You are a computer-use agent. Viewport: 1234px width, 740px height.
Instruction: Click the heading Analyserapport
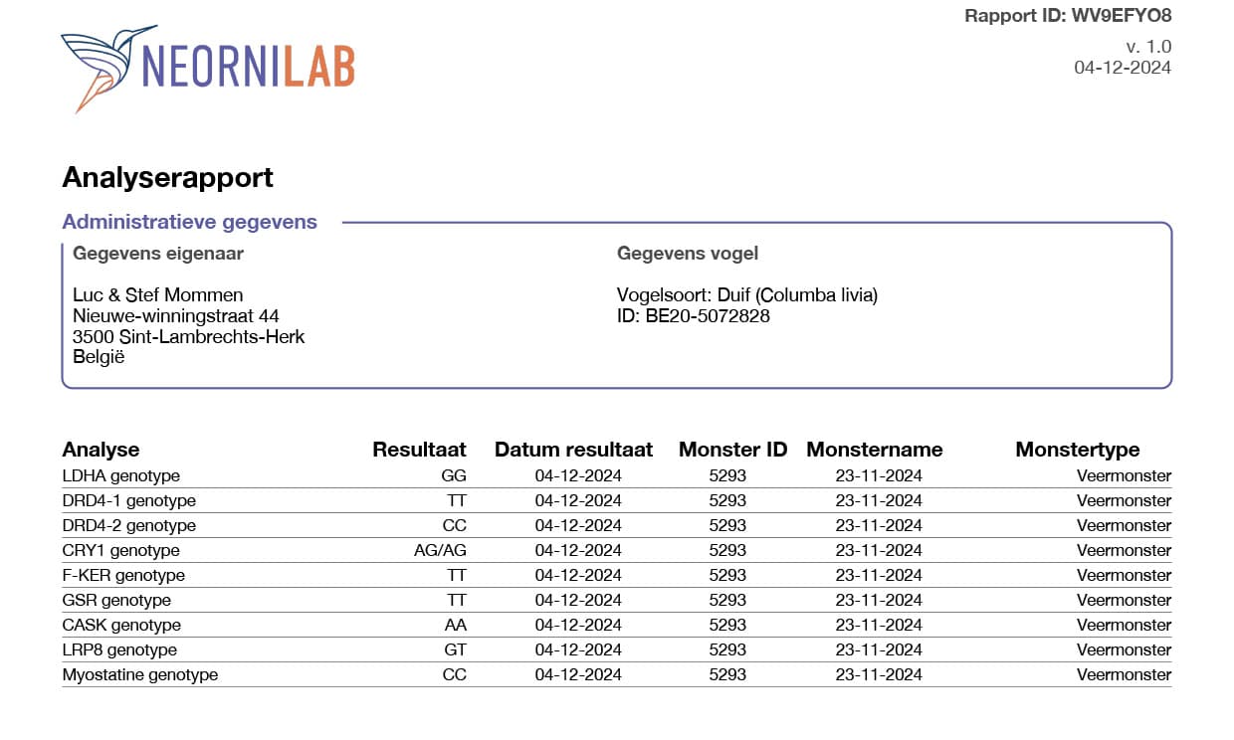pos(167,178)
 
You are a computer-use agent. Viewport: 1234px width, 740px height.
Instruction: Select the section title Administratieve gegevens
pos(189,222)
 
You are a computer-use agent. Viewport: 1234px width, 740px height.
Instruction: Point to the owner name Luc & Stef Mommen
pos(157,295)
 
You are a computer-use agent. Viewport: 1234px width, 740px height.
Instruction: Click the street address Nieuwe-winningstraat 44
pos(175,316)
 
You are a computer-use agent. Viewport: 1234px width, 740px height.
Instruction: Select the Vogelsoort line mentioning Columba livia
pos(746,295)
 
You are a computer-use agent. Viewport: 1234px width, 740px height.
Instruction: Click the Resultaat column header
pos(419,450)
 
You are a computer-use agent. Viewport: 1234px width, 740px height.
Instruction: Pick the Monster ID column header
pos(732,450)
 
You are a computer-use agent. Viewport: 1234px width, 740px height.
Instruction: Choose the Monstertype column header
pos(1077,450)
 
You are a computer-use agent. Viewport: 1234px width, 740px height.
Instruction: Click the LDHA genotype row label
pos(120,475)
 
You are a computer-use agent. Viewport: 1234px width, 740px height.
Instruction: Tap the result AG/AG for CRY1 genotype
pos(440,550)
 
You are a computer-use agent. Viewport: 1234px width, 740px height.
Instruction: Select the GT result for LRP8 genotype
pos(455,649)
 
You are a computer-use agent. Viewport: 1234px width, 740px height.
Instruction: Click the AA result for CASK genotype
pos(455,625)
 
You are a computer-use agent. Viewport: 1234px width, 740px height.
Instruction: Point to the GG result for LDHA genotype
pos(454,475)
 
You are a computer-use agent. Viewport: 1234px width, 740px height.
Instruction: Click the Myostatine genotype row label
pos(139,674)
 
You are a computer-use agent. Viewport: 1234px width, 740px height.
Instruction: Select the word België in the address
pos(99,357)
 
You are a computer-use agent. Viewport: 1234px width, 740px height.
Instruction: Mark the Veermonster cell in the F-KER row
pos(1124,575)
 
